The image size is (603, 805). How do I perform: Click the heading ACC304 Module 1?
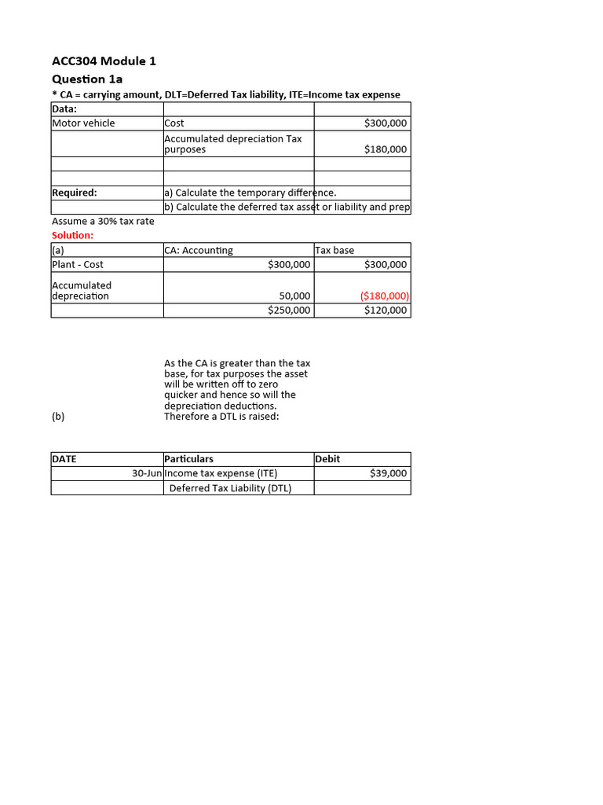(98, 61)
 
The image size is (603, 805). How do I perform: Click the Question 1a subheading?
(87, 79)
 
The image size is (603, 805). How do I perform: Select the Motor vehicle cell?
(83, 123)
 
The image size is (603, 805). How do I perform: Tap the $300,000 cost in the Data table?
(386, 123)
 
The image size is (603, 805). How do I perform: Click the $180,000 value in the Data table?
(386, 149)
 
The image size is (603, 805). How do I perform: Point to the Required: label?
(75, 192)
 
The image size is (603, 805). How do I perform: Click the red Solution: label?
(72, 235)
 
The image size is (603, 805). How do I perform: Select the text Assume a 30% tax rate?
(103, 221)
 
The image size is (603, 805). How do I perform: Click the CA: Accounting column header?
(199, 250)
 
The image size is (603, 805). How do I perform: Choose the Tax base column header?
(334, 250)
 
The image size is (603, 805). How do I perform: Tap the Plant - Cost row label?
(78, 264)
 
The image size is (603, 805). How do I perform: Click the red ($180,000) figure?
(385, 296)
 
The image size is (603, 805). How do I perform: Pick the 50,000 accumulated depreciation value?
(294, 296)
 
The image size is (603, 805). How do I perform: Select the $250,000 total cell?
(289, 310)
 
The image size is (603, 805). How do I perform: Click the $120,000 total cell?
(386, 310)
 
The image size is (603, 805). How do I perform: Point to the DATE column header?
(64, 458)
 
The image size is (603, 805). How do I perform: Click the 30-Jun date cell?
(147, 473)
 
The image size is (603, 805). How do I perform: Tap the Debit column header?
(327, 458)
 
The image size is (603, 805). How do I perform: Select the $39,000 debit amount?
(388, 473)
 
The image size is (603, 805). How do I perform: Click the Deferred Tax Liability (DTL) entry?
(230, 487)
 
